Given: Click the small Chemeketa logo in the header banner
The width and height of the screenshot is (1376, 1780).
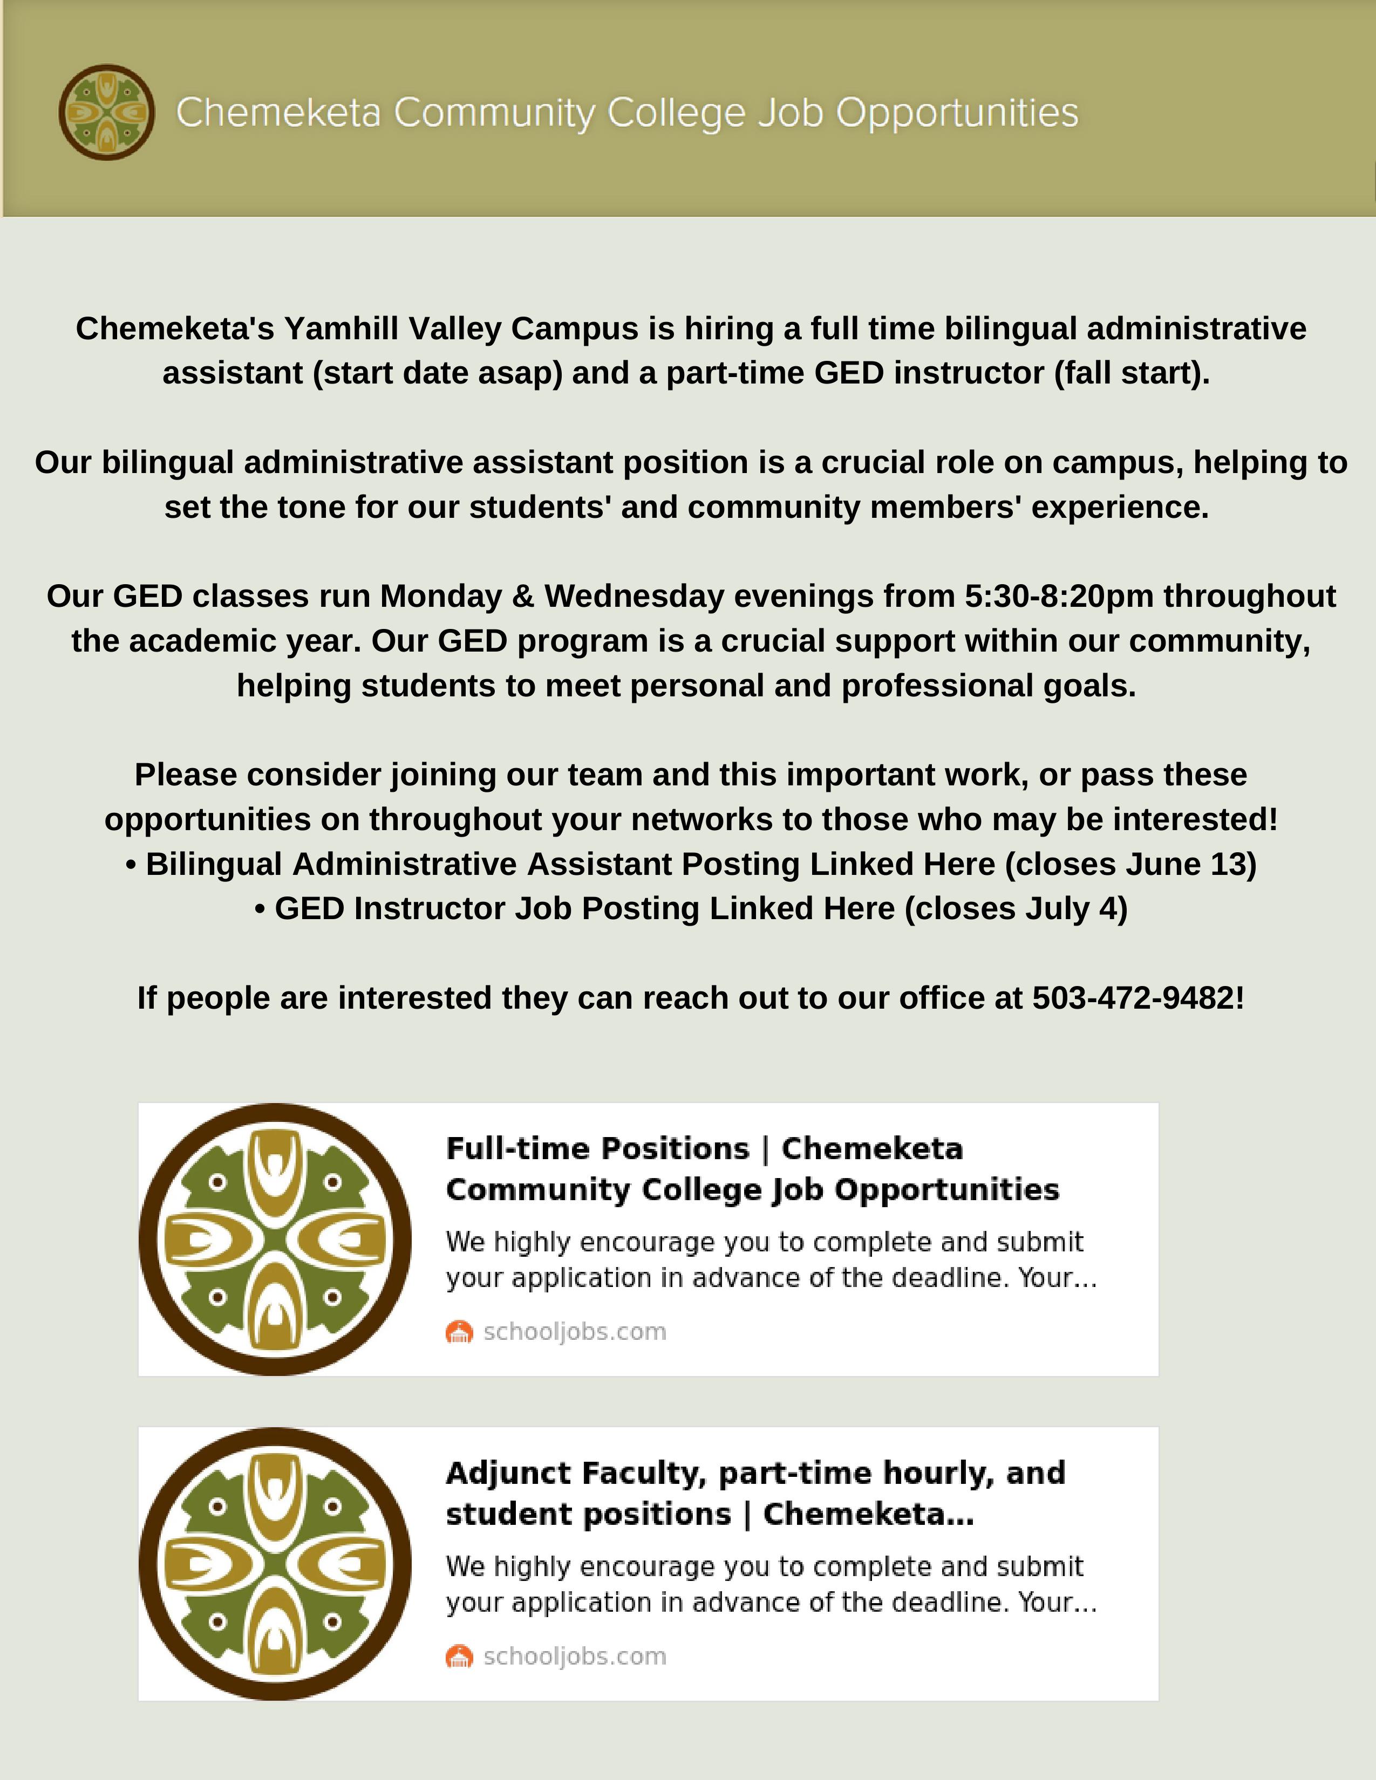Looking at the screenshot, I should click(107, 113).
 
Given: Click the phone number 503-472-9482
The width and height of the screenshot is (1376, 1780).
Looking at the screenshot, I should click(1133, 997).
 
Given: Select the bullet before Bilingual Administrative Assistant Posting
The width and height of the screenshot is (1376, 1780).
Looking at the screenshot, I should click(131, 865).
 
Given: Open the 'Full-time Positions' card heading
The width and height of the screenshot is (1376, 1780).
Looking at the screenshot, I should click(752, 1169).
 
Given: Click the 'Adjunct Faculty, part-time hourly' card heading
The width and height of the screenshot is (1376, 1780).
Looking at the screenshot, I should click(755, 1493).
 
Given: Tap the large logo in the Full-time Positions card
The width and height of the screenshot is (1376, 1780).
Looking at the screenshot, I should click(275, 1239).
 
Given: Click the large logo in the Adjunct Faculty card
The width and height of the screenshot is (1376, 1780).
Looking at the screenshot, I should click(275, 1563).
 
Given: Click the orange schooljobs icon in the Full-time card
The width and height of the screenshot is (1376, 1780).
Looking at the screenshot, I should click(459, 1332).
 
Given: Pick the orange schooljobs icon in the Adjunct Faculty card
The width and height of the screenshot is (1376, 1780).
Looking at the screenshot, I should click(459, 1656).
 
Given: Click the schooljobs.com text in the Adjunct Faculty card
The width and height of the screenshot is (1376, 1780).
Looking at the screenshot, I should click(575, 1656).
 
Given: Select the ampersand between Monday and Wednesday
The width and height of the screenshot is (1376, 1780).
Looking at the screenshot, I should click(522, 596).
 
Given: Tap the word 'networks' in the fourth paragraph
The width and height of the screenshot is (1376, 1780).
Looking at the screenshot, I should click(701, 819).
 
